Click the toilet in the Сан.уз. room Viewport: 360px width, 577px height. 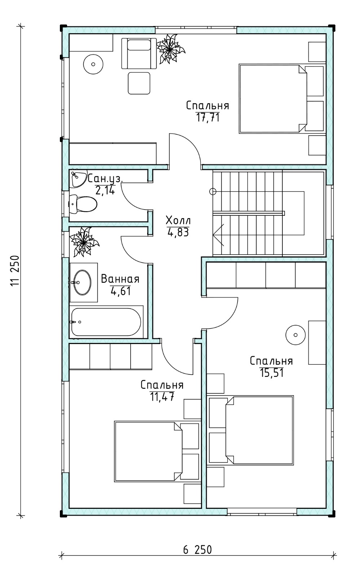83,204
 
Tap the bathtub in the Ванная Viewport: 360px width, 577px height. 106,322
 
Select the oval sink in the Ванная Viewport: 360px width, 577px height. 82,282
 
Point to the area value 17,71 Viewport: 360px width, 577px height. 208,118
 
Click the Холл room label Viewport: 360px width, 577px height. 178,220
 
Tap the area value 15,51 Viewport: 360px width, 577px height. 272,373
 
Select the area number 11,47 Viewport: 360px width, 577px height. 162,397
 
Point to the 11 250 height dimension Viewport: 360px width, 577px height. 15,271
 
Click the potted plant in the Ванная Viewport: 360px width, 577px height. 84,242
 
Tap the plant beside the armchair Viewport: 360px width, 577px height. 170,49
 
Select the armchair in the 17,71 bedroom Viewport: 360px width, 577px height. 139,53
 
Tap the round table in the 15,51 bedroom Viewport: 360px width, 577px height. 295,335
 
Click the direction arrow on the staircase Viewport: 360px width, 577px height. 219,235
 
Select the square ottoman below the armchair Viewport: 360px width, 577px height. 139,83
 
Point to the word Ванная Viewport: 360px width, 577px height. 120,279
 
